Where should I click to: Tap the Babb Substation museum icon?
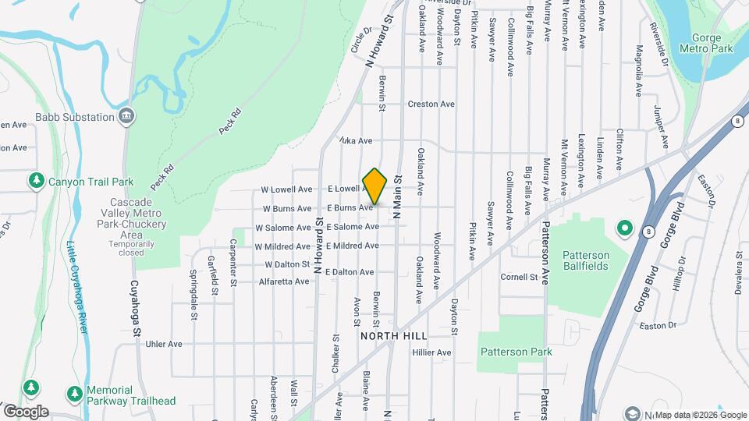point(126,117)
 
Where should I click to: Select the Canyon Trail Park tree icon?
point(36,182)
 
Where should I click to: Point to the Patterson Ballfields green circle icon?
point(624,228)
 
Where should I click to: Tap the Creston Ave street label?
point(431,104)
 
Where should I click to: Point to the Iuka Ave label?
point(356,141)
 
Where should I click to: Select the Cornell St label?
point(520,277)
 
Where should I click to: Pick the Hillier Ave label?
point(432,352)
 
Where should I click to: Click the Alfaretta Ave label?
point(284,281)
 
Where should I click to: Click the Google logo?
point(27,412)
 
